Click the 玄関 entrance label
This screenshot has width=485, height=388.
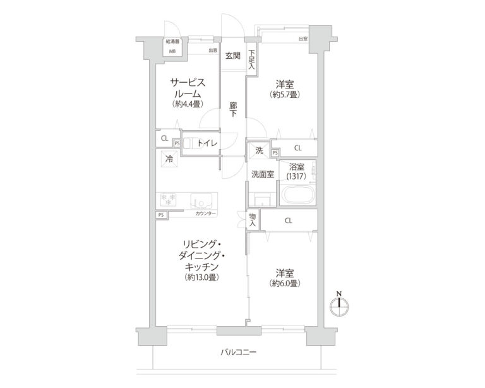[x=232, y=56]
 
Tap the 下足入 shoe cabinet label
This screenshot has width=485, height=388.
[x=251, y=59]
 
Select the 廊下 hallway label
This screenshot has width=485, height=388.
[x=232, y=110]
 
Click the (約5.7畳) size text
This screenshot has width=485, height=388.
[x=284, y=95]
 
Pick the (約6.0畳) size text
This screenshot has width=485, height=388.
[x=284, y=283]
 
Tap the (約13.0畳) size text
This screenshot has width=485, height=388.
[x=202, y=277]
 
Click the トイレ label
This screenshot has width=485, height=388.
[x=207, y=143]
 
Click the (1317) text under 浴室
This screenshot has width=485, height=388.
[x=296, y=177]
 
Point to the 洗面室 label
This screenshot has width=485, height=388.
[x=262, y=174]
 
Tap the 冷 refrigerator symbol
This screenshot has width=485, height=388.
[x=169, y=159]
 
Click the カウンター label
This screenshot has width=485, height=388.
[x=205, y=214]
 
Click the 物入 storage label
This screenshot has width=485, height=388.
[x=253, y=219]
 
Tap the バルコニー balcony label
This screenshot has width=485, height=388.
[x=239, y=352]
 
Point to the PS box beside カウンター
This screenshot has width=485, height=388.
[x=161, y=214]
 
